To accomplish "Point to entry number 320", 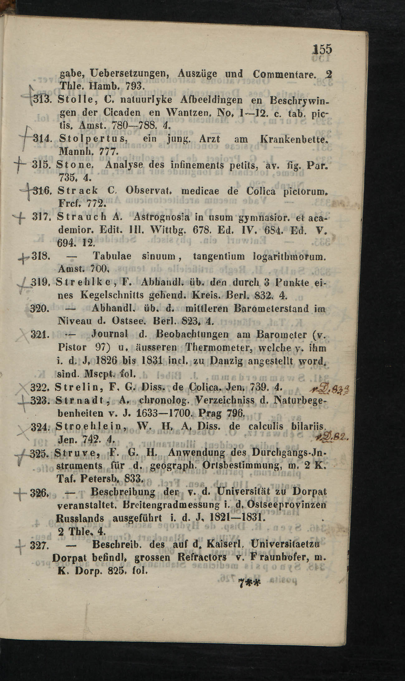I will click(x=39, y=309).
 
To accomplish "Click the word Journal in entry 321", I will click(x=110, y=334).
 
